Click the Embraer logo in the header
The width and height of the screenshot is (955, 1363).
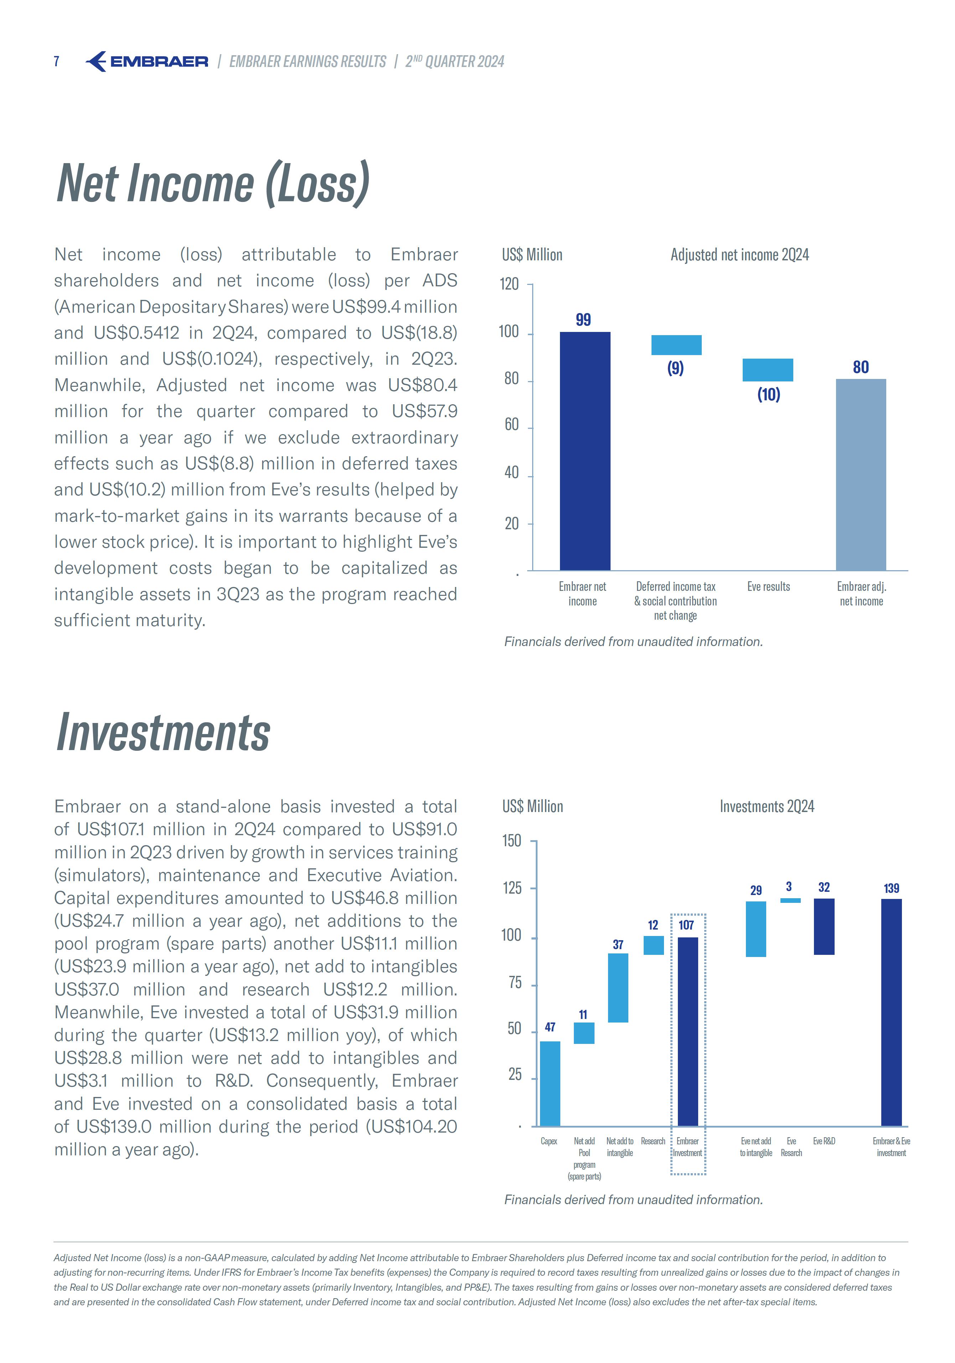[147, 61]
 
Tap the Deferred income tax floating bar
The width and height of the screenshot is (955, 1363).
[676, 345]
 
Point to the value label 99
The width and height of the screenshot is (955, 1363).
[583, 320]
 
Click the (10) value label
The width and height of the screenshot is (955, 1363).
[768, 395]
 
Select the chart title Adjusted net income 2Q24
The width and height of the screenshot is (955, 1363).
[739, 255]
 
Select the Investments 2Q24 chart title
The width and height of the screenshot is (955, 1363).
[767, 806]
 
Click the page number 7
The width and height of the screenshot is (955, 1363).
[56, 61]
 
